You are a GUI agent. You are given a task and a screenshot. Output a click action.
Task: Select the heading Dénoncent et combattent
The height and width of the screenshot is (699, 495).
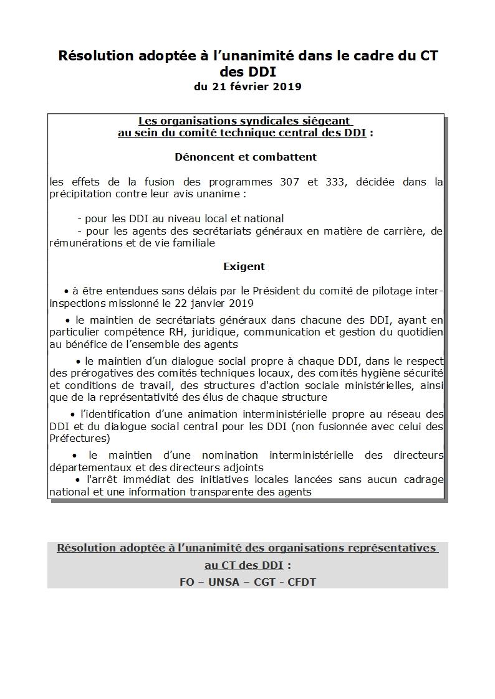pos(246,157)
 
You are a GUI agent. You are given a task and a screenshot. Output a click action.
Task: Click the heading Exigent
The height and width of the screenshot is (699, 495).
pos(244,266)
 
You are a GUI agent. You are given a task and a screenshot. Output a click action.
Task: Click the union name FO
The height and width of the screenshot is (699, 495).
pos(186,583)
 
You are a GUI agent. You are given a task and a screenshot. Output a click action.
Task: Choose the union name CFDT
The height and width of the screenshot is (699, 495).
pos(302,583)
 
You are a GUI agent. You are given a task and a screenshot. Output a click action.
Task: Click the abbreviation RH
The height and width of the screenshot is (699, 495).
pos(176,332)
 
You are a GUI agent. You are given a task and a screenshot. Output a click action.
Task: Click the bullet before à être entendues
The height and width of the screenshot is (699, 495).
pos(66,291)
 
